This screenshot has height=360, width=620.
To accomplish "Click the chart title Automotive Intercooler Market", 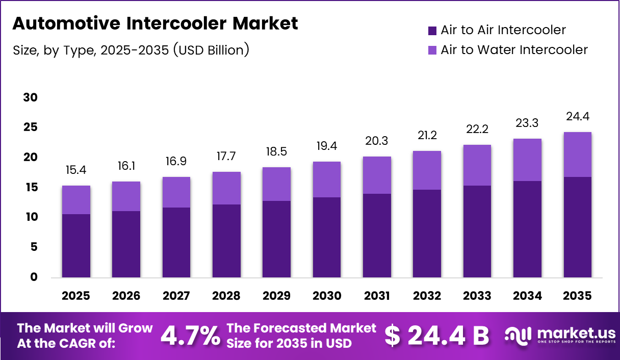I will pyautogui.click(x=154, y=23).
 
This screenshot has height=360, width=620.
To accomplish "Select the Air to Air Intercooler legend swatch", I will pyautogui.click(x=432, y=31).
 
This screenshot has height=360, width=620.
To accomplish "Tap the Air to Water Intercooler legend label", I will pyautogui.click(x=514, y=50).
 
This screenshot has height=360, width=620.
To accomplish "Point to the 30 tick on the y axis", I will pyautogui.click(x=31, y=97).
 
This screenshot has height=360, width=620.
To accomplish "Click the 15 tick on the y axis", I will pyautogui.click(x=31, y=188).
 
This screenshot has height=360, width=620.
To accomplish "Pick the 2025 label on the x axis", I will pyautogui.click(x=75, y=296).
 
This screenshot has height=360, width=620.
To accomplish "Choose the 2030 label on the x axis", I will pyautogui.click(x=327, y=296).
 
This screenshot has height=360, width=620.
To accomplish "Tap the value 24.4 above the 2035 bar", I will pyautogui.click(x=578, y=117).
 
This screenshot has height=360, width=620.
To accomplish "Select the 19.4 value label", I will pyautogui.click(x=327, y=147).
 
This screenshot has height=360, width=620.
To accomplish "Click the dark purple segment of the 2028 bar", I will pyautogui.click(x=226, y=241).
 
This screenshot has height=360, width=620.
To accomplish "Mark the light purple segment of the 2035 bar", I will pyautogui.click(x=578, y=155).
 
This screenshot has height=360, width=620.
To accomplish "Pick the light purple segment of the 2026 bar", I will pyautogui.click(x=126, y=196).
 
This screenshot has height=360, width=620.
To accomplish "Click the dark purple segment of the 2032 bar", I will pyautogui.click(x=427, y=234).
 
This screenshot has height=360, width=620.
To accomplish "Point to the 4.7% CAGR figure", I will pyautogui.click(x=191, y=336).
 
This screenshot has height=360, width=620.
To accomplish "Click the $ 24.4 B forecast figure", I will pyautogui.click(x=436, y=336).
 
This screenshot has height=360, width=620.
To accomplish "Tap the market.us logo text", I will pyautogui.click(x=570, y=334).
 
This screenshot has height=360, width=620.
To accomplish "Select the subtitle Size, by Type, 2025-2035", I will pyautogui.click(x=130, y=50).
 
